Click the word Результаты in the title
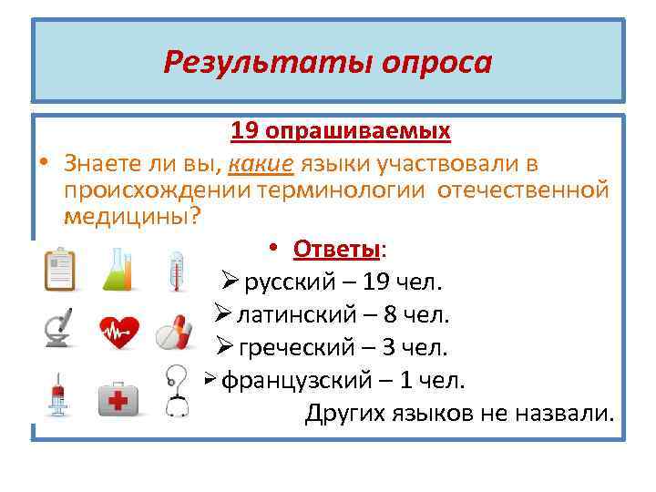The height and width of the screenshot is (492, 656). tap(264, 62)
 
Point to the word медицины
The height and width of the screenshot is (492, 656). tap(128, 216)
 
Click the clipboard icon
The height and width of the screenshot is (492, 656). tap(61, 268)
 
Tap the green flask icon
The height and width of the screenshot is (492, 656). tap(118, 268)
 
